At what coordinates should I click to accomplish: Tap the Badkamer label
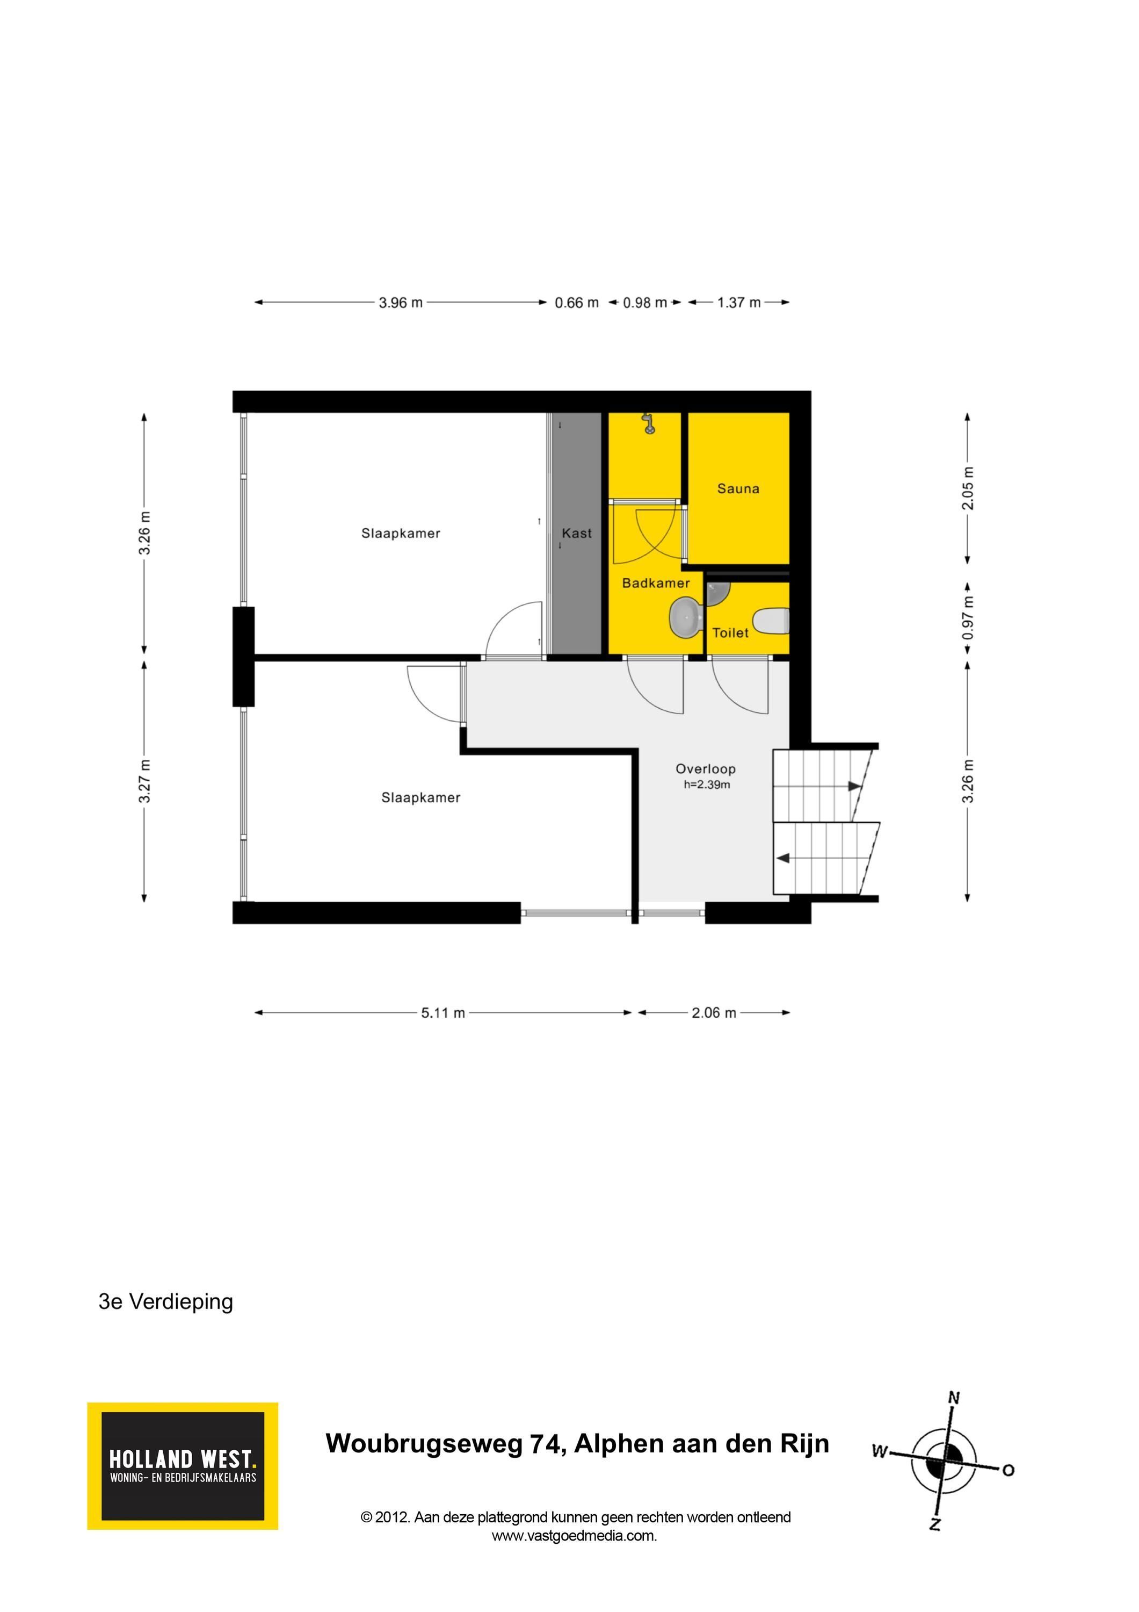pos(656,582)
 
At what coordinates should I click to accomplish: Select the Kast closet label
pos(576,533)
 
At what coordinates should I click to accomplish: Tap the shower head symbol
pos(649,423)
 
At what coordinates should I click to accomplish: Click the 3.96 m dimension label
pos(401,303)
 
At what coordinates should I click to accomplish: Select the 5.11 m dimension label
pos(443,1012)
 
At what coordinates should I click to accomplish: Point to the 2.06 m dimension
pos(714,1012)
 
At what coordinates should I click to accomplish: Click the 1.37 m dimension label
pos(739,303)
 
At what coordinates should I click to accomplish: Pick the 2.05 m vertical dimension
pos(968,488)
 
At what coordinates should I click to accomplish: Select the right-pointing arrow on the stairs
pos(854,786)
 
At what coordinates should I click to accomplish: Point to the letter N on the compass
pos(954,1398)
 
